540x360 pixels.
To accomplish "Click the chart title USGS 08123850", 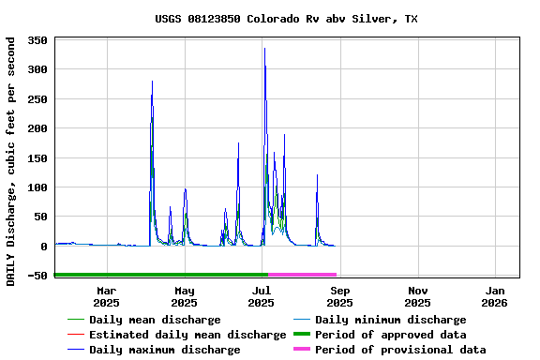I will point(286,19).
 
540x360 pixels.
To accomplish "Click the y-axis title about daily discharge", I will point(10,161).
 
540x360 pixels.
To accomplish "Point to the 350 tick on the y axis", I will point(37,40).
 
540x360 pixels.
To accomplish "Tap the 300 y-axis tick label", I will point(37,69).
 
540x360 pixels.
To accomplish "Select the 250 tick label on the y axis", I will point(37,99).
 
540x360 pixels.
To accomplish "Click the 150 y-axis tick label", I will point(37,158).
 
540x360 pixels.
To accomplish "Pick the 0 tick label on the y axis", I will point(44,247).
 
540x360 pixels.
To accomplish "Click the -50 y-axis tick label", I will point(37,276).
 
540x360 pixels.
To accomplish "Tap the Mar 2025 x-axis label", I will point(106,296).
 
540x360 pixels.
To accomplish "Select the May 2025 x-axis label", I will point(184,296).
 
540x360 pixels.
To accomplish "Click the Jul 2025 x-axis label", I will point(262,296).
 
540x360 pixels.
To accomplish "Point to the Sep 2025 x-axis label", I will point(339,296).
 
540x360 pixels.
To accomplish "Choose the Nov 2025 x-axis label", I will point(417,296).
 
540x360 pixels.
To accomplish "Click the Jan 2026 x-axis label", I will point(494,296).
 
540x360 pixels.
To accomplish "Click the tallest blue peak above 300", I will point(264,50).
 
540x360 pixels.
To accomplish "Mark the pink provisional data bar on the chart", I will point(302,275).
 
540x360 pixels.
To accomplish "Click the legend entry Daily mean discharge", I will point(155,320).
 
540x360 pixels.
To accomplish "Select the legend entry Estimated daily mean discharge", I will point(187,335).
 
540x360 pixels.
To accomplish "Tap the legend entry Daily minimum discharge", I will point(390,320).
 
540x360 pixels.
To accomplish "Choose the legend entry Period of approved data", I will point(390,335).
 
